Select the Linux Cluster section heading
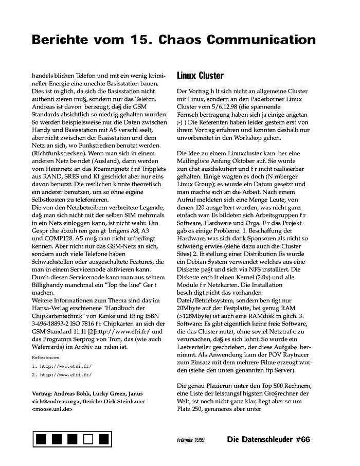[x=200, y=76]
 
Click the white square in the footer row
[x=88, y=439]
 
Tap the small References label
[x=45, y=356]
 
